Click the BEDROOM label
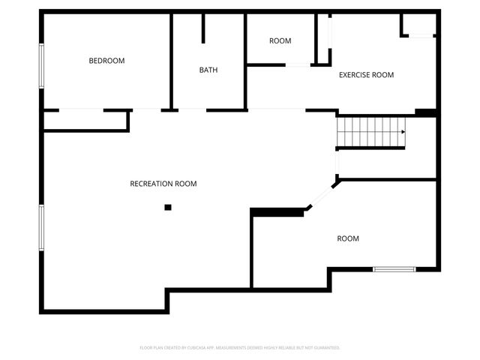pos(106,61)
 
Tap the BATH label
pos(208,70)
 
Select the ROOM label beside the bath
pos(280,40)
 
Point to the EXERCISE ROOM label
pos(366,75)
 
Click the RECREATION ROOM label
pos(163,184)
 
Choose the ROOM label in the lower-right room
pos(348,238)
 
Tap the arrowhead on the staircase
pos(403,132)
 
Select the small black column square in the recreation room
pos(168,207)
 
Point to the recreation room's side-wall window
pos(42,226)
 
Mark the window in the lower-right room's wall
pos(394,268)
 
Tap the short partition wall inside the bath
pos(202,27)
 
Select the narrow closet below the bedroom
pos(85,121)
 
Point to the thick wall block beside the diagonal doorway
pos(277,212)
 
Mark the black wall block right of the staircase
pos(426,113)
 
